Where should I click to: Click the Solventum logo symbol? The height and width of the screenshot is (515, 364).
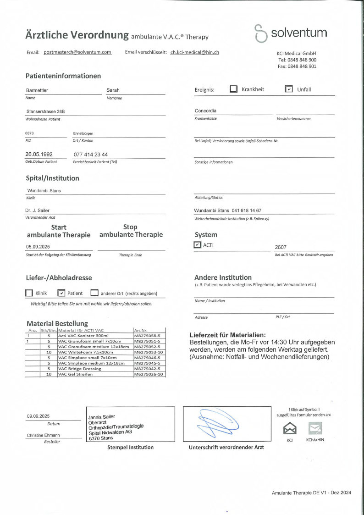point(260,33)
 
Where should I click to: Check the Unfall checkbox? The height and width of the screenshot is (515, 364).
point(289,89)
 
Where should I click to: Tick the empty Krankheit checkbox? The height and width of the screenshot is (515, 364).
point(234,89)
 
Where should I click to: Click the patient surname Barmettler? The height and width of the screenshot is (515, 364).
point(37,90)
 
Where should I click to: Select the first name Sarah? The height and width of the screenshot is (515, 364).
point(113,90)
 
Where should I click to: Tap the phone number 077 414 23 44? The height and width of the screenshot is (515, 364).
point(91,155)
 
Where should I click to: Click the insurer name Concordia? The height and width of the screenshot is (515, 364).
point(205,111)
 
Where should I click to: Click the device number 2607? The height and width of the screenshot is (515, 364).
point(281,247)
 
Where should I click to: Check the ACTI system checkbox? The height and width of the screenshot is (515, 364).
point(198,245)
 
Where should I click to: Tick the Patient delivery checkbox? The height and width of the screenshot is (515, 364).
point(61,293)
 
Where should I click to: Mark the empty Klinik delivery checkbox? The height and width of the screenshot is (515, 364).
point(29,293)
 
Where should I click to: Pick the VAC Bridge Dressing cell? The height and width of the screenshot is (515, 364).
point(79,369)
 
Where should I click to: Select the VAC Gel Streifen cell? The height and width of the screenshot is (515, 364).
point(76,374)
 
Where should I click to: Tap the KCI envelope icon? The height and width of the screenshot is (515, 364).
point(290,428)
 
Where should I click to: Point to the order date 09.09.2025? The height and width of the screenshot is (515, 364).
point(38,416)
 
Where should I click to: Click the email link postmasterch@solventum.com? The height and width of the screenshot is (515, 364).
point(77,52)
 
